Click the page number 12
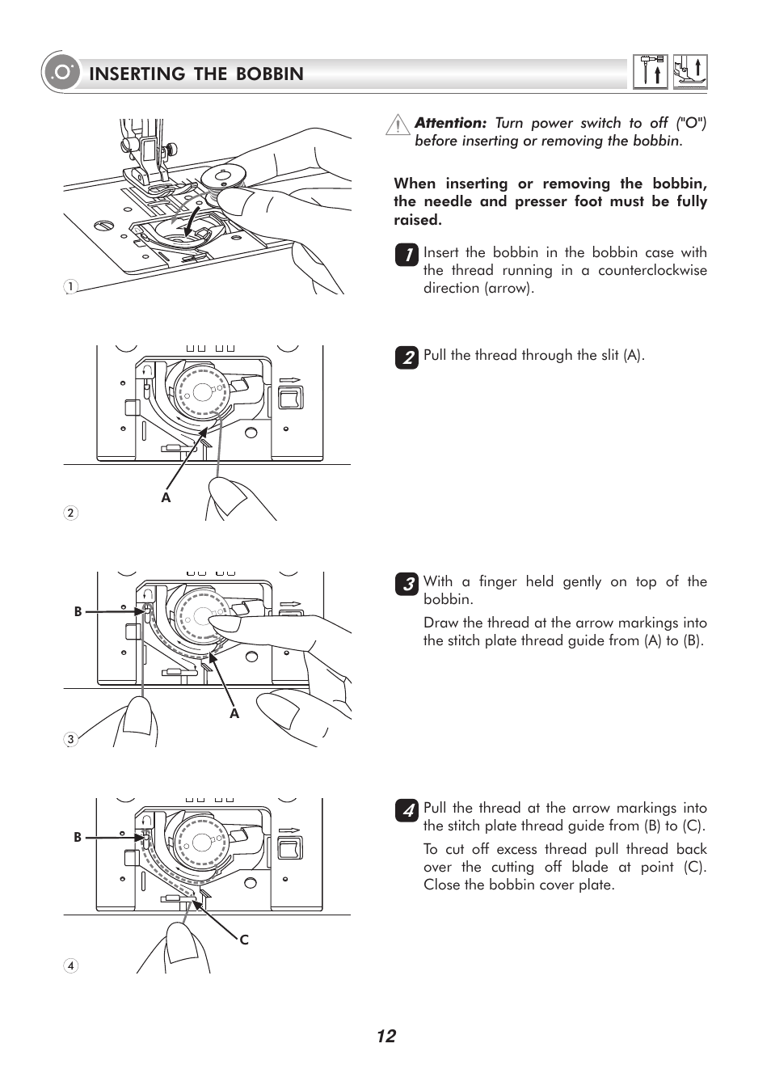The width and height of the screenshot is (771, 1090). tap(386, 1037)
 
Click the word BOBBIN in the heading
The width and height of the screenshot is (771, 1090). tap(270, 74)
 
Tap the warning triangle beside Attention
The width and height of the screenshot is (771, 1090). tap(398, 125)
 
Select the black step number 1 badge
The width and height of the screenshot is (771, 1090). tap(407, 255)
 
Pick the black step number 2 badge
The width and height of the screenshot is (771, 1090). tap(407, 357)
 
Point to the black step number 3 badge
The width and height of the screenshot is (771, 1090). tap(407, 584)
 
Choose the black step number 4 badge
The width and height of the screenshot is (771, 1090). tap(407, 810)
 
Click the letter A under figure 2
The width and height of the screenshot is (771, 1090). tap(166, 498)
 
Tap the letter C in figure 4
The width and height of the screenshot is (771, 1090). tap(244, 940)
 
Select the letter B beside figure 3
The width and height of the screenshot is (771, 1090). tap(78, 612)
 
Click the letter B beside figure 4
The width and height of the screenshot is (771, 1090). tap(78, 838)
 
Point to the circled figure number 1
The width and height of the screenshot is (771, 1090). tap(71, 286)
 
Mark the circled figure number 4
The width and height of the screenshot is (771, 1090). tap(71, 965)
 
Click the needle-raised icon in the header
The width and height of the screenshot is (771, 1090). tap(651, 72)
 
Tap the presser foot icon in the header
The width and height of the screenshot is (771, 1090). tap(690, 72)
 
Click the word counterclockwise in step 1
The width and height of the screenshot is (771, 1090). tap(652, 271)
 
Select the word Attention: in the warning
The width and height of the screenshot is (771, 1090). tap(450, 123)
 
